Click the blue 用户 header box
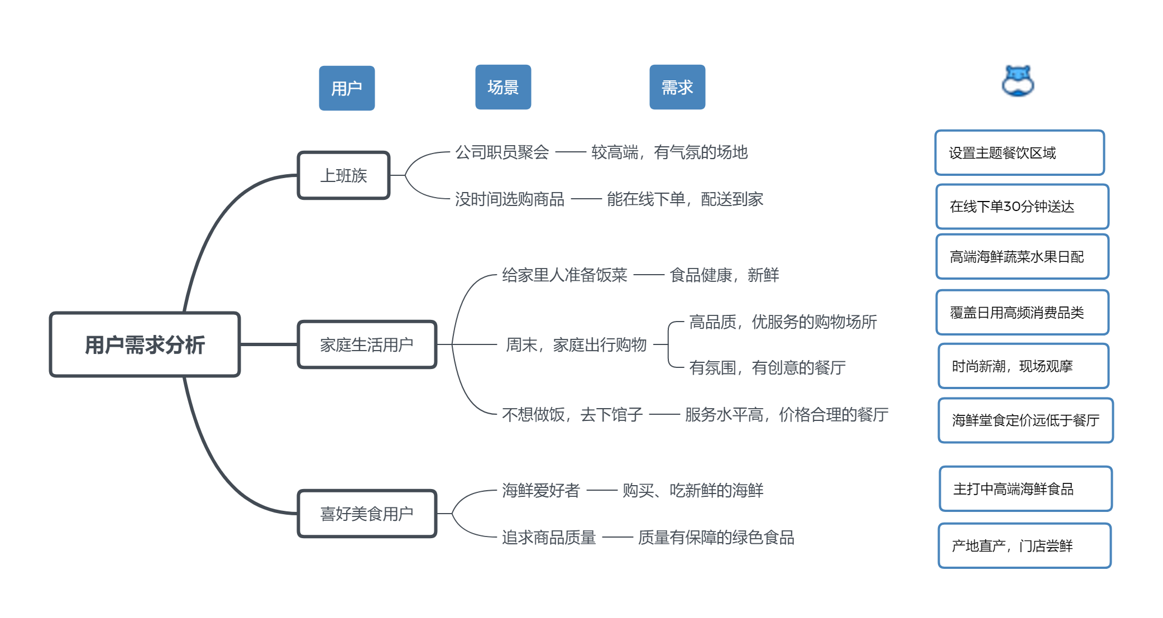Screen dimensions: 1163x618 tap(347, 88)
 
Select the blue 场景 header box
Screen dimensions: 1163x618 tap(503, 87)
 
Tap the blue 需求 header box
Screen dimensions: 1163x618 tap(677, 87)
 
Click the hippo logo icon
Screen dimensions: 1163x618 tap(1018, 81)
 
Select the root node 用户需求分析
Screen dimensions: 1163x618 tap(145, 344)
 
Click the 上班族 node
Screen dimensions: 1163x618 tap(344, 175)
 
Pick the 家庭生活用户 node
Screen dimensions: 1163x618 tap(367, 344)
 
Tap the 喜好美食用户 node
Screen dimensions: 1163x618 tap(367, 514)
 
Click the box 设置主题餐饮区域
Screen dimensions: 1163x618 tap(1020, 153)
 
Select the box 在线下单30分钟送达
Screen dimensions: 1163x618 tap(1022, 207)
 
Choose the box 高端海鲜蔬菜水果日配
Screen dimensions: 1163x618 tap(1022, 257)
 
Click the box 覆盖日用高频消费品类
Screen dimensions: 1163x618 tap(1022, 313)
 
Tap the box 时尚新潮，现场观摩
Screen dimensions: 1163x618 tap(1023, 366)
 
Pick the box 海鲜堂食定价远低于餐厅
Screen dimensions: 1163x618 tap(1026, 420)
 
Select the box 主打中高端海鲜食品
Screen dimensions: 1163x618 tap(1026, 489)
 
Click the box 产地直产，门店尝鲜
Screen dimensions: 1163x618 tap(1025, 546)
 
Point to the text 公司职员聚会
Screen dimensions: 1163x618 tap(502, 152)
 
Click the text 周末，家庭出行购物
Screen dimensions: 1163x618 tap(576, 344)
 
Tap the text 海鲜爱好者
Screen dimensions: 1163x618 tap(541, 490)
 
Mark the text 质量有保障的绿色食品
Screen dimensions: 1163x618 tap(716, 537)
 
